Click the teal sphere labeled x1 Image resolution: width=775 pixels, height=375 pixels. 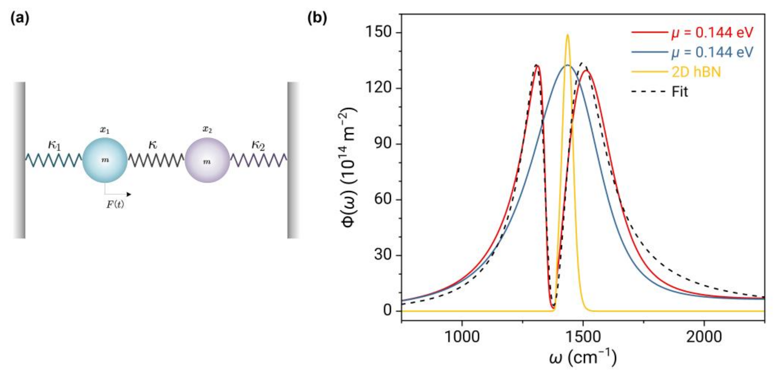(x=105, y=160)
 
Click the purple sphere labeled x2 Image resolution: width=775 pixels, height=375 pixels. (x=207, y=160)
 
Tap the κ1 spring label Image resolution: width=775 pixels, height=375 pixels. (x=54, y=146)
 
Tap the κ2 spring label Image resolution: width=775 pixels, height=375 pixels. (x=258, y=146)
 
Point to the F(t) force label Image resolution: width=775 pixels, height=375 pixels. (x=115, y=205)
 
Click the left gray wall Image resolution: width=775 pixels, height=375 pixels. (x=19, y=160)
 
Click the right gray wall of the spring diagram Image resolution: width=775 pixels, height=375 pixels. (x=293, y=160)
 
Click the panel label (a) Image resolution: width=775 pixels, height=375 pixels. (x=20, y=19)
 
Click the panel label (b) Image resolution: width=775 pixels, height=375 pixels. (x=317, y=19)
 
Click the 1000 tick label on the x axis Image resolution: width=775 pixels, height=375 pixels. (x=462, y=336)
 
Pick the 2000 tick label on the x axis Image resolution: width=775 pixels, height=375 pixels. (x=704, y=336)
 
